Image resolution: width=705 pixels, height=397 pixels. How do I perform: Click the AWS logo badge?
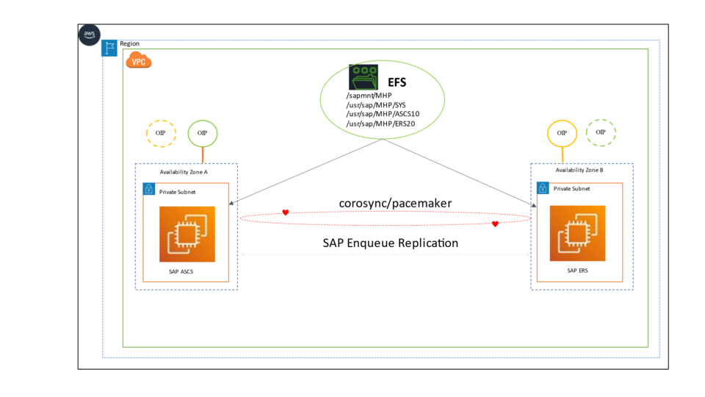point(90,35)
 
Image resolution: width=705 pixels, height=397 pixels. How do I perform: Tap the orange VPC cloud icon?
point(139,61)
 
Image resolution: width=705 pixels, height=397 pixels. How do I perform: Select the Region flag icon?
point(109,48)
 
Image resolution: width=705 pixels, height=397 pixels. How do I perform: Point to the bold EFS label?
point(397,82)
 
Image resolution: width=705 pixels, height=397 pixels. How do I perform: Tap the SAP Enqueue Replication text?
point(391,243)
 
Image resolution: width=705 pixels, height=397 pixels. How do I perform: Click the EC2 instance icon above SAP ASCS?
point(187,235)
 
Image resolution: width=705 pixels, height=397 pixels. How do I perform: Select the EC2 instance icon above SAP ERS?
point(577,233)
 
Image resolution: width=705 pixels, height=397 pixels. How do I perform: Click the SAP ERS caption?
point(577,270)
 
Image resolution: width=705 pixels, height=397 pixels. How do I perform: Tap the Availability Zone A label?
point(184,172)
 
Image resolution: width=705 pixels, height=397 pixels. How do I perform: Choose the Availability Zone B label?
point(579,170)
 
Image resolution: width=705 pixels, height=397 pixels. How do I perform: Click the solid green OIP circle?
point(203,133)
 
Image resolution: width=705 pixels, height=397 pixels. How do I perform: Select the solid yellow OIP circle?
point(562,133)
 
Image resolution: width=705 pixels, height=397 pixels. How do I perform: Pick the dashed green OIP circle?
point(601,132)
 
